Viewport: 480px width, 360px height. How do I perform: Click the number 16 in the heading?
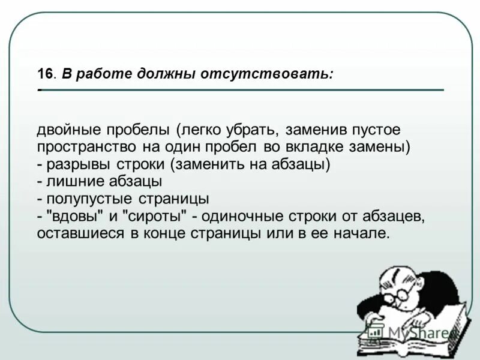point(46,74)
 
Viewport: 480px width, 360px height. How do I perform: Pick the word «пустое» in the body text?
point(377,130)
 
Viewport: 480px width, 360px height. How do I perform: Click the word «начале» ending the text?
point(364,233)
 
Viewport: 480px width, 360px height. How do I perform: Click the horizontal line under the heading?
point(240,90)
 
